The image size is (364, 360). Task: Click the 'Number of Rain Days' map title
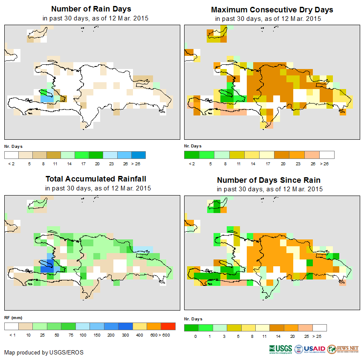pyautogui.click(x=91, y=9)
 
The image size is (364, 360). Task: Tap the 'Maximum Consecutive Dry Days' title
pyautogui.click(x=272, y=9)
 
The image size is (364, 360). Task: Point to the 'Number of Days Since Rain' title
pyautogui.click(x=269, y=180)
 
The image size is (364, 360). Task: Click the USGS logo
pyautogui.click(x=280, y=349)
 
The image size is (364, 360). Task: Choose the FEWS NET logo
pyautogui.click(x=343, y=349)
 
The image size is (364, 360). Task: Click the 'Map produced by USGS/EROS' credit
pyautogui.click(x=44, y=352)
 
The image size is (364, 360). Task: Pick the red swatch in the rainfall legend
pyautogui.click(x=168, y=326)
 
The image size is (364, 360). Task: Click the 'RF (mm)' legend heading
pyautogui.click(x=10, y=317)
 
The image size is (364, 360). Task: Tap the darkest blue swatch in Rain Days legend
pyautogui.click(x=139, y=155)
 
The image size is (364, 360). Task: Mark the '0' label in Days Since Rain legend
pyautogui.click(x=195, y=337)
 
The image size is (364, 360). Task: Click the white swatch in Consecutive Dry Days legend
pyautogui.click(x=327, y=155)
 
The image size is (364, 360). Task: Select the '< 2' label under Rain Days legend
pyautogui.click(x=11, y=164)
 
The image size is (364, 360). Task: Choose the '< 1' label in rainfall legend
pyautogui.click(x=12, y=335)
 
